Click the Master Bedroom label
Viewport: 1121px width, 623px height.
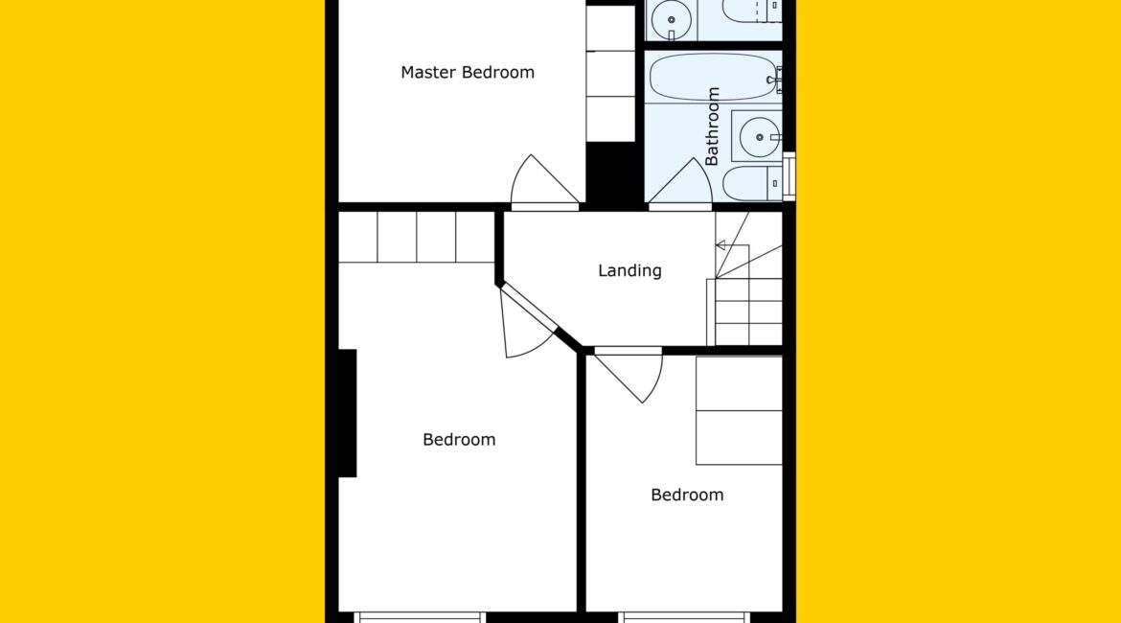[468, 72]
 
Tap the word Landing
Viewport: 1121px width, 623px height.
[629, 270]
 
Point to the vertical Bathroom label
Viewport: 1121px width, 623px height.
[712, 127]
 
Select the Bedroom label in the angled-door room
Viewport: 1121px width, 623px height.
[459, 439]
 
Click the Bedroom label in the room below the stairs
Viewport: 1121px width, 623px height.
[687, 495]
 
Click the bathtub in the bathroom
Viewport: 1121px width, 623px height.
[714, 78]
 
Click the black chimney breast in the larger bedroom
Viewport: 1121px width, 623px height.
[348, 413]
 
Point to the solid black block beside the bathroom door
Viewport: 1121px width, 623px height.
[611, 175]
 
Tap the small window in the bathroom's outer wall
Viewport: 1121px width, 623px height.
[789, 176]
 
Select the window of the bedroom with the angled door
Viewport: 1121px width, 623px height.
[419, 617]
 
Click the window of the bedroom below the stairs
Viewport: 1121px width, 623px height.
[684, 617]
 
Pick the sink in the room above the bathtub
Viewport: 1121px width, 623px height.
[672, 20]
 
